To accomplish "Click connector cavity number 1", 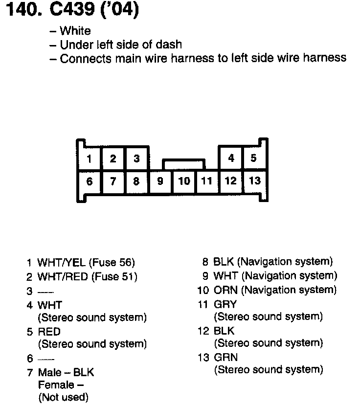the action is point(89,158).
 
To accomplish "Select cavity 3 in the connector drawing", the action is point(136,158).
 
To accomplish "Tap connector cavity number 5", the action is point(253,158).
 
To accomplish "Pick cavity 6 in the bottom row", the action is point(89,181).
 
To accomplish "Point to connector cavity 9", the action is point(160,181).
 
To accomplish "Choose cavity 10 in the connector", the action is point(184,181).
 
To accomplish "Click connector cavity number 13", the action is point(255,181).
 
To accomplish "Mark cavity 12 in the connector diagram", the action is point(230,181).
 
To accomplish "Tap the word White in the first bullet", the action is point(75,31).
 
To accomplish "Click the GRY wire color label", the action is point(225,304).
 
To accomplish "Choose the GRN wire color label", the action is point(225,358).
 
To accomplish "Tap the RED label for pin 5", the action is point(49,332).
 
